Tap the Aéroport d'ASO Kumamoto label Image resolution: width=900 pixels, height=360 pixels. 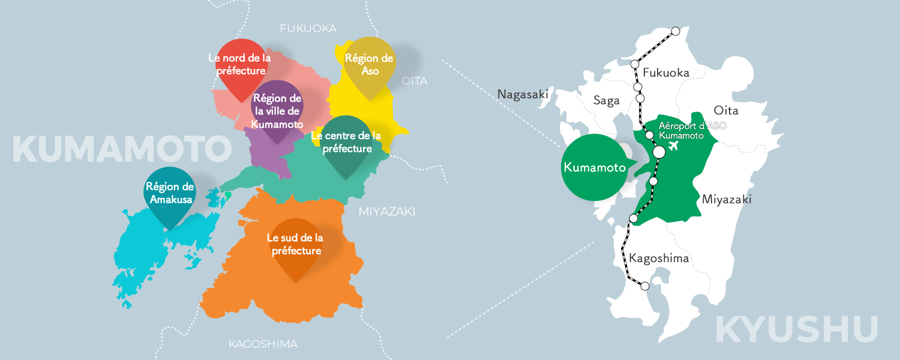pyautogui.click(x=684, y=131)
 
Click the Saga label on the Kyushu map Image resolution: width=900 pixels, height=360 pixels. pyautogui.click(x=606, y=101)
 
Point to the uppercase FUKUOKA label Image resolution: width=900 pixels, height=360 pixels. pyautogui.click(x=308, y=29)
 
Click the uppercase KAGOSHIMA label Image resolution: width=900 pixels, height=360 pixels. pyautogui.click(x=263, y=344)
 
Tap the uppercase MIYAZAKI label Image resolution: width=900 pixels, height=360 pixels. pyautogui.click(x=387, y=211)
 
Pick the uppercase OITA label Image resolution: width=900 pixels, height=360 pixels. pyautogui.click(x=415, y=81)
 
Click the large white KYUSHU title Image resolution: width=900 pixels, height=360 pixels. pyautogui.click(x=797, y=329)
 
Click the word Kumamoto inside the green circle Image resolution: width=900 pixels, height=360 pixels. pyautogui.click(x=591, y=167)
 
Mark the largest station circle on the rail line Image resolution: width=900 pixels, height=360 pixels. pyautogui.click(x=659, y=152)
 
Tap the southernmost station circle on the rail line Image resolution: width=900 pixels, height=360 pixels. pyautogui.click(x=645, y=286)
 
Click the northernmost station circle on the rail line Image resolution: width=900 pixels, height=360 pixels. pyautogui.click(x=676, y=31)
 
